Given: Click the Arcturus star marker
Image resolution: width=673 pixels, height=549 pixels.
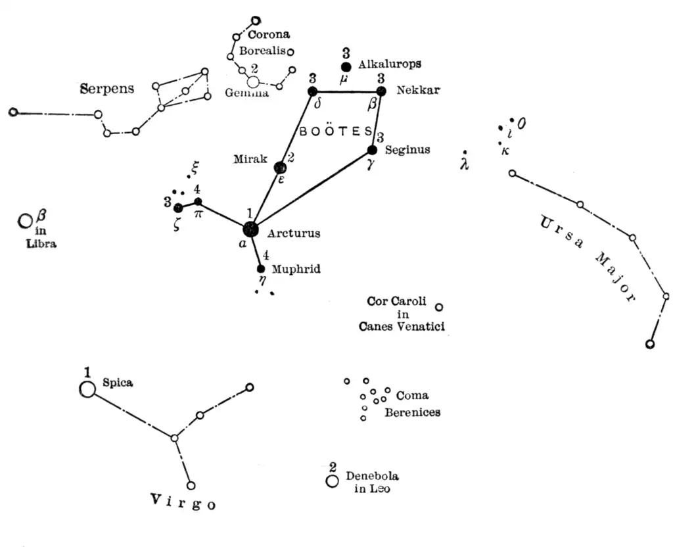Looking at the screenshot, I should (x=250, y=229).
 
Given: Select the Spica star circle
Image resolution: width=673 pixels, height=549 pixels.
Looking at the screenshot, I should (x=87, y=389).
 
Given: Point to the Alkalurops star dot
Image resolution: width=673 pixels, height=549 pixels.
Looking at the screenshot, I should (x=346, y=67).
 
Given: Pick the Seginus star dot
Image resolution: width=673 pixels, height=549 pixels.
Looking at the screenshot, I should (x=373, y=150).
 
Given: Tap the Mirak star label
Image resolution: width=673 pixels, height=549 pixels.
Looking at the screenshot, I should (x=250, y=159).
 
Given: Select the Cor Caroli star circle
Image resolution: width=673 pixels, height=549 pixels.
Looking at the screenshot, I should (x=439, y=306).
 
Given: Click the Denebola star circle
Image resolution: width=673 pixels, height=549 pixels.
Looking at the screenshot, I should (x=332, y=482).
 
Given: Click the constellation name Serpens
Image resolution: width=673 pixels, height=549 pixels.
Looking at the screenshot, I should (x=107, y=88).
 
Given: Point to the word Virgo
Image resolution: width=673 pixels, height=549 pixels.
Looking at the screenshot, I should (x=183, y=502).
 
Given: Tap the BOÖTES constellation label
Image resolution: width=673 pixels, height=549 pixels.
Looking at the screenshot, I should (x=335, y=131).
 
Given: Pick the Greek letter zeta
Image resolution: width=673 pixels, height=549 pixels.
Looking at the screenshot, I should (x=178, y=222).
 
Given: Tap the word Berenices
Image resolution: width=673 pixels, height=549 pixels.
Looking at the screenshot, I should (x=412, y=413).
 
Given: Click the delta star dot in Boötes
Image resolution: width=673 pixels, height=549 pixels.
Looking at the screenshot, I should (x=313, y=91).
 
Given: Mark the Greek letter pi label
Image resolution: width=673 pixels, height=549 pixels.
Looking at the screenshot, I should (x=198, y=214).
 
